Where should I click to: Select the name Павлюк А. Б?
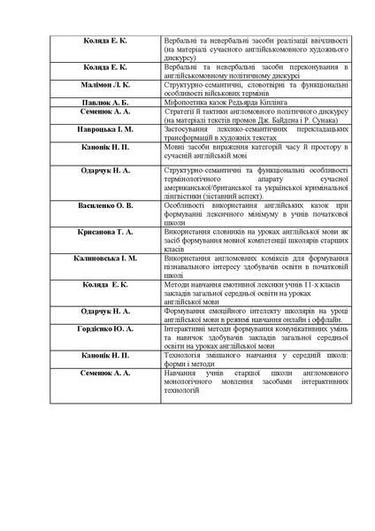click(x=105, y=102)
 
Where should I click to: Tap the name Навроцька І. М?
click(x=105, y=128)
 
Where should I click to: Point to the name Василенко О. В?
click(x=105, y=204)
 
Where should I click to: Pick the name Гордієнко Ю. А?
click(x=105, y=328)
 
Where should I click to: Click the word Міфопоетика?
click(x=185, y=102)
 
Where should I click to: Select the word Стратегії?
click(x=179, y=112)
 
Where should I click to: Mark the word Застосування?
click(x=187, y=128)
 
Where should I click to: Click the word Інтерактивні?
click(x=186, y=328)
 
